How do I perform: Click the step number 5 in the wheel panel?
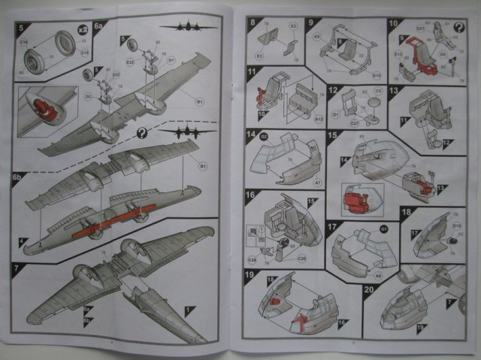(x=21, y=29)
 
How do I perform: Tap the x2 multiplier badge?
(x=83, y=30)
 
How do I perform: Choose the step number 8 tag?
(x=253, y=23)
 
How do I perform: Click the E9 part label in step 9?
(x=317, y=35)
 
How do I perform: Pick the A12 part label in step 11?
(x=319, y=119)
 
